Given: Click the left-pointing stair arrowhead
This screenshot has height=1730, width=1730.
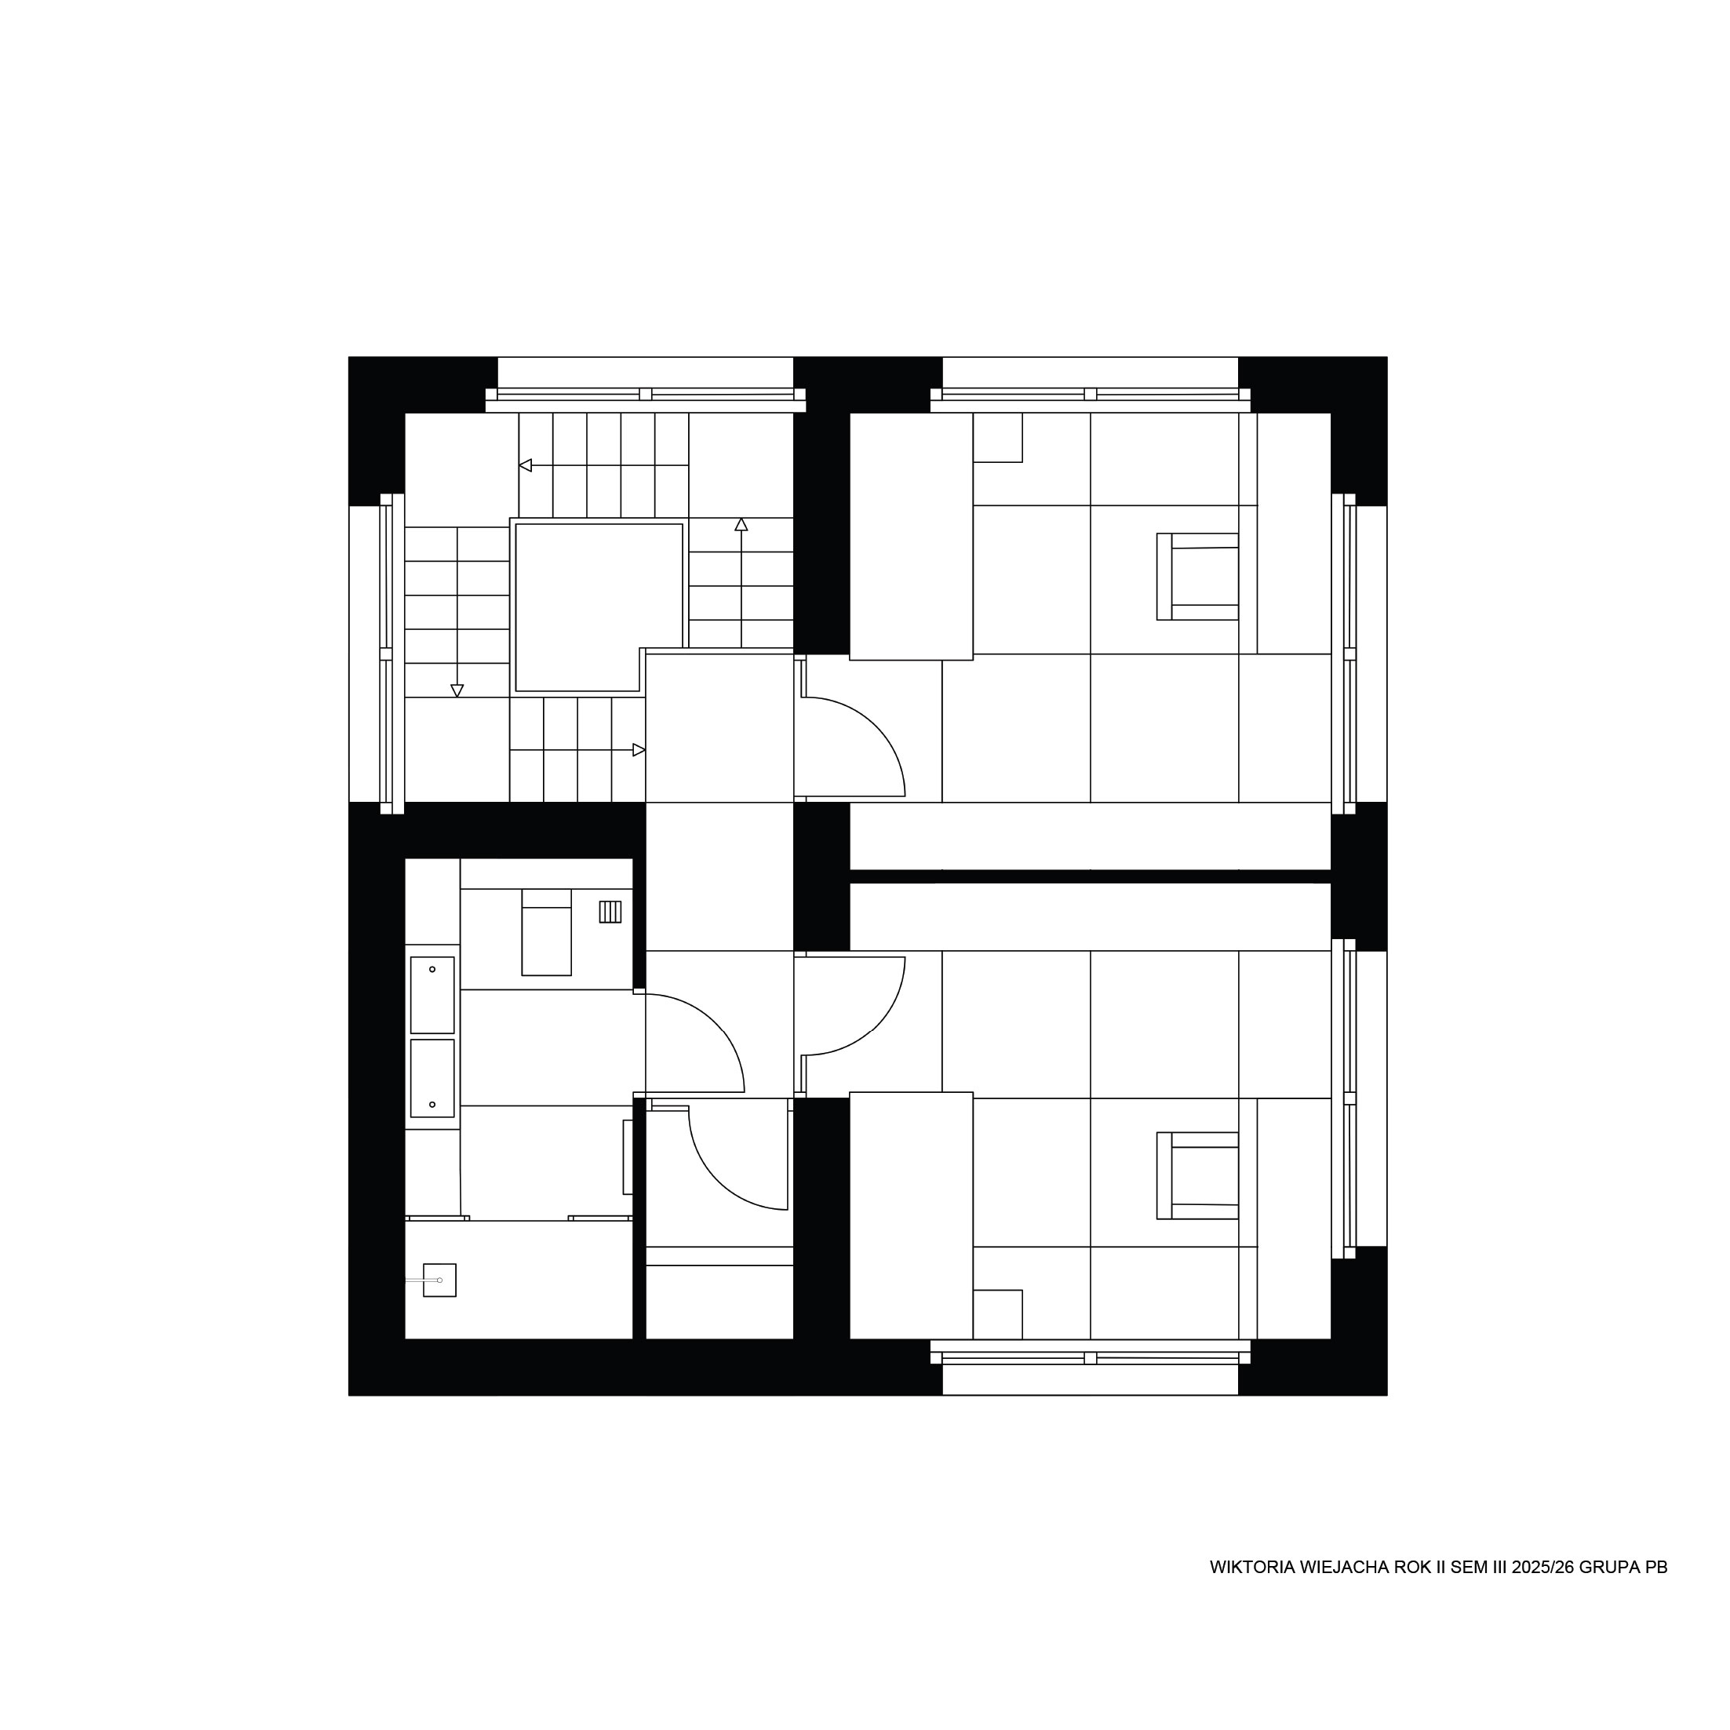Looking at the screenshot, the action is [526, 465].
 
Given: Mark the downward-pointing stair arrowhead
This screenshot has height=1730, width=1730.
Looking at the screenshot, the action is [457, 691].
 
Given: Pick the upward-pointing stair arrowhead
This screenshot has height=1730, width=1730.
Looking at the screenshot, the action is [741, 524].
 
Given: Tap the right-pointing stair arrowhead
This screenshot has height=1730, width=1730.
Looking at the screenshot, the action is [639, 749].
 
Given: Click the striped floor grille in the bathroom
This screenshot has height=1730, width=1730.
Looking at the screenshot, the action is [610, 912].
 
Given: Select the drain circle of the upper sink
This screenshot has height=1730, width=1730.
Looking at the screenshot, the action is [432, 969].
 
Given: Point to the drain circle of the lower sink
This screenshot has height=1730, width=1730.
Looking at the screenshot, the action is [432, 1104].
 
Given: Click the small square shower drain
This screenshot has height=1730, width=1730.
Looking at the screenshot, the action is [439, 1280].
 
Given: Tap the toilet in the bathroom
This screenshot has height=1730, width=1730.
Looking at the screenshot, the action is [546, 932].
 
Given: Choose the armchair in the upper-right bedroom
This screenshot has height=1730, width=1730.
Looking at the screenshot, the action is [1197, 577].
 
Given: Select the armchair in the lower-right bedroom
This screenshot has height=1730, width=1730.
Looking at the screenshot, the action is [1197, 1175].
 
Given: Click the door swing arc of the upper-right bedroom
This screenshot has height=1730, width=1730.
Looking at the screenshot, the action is [875, 727].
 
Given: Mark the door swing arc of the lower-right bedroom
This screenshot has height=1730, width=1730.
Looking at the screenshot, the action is [875, 1025].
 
